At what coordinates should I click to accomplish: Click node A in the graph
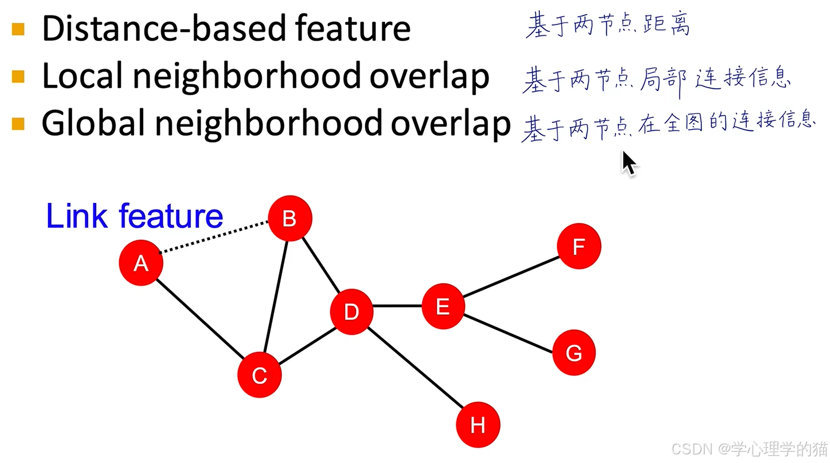click(141, 263)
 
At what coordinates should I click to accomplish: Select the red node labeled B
click(290, 218)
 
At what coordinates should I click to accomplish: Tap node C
click(259, 375)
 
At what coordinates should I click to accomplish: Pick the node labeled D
click(352, 311)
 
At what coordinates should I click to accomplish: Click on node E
click(443, 306)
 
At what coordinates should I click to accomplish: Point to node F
click(578, 246)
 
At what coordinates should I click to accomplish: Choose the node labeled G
click(574, 352)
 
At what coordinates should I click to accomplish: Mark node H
click(477, 424)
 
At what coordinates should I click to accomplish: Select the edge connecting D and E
click(397, 306)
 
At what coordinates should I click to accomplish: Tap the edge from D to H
click(415, 368)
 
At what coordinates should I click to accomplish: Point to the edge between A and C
click(200, 319)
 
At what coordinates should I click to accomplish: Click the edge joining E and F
click(511, 276)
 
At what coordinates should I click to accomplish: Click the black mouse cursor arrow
click(628, 163)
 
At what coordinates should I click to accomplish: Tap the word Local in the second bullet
click(82, 76)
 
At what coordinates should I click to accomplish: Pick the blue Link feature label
click(134, 216)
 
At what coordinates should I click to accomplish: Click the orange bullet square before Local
click(18, 77)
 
